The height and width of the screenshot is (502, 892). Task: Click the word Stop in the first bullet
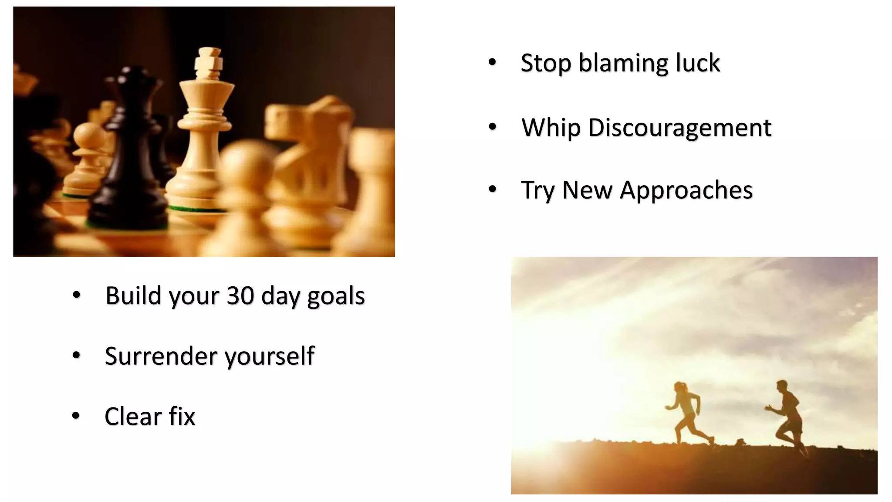tap(545, 63)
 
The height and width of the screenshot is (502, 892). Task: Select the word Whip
tap(551, 128)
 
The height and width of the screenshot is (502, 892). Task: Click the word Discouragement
tap(679, 128)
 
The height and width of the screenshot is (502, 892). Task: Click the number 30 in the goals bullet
tap(240, 295)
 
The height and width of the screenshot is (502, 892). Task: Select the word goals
tap(336, 296)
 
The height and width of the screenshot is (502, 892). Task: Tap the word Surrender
tap(161, 356)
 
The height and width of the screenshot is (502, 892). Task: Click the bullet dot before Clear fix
tap(76, 416)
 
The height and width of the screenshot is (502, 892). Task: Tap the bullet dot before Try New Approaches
tap(492, 190)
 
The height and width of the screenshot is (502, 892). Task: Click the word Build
tap(133, 295)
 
